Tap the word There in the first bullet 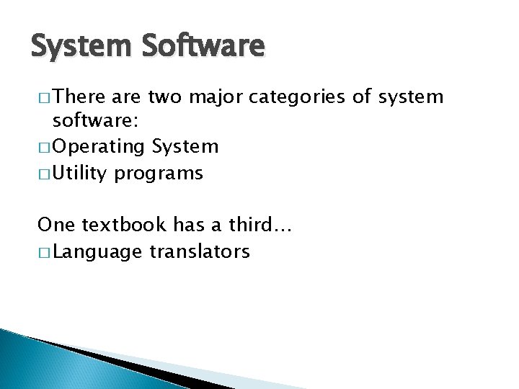(79, 97)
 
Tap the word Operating (98, 148)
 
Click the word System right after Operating (185, 147)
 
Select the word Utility (80, 174)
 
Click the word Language (97, 252)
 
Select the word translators (200, 251)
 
